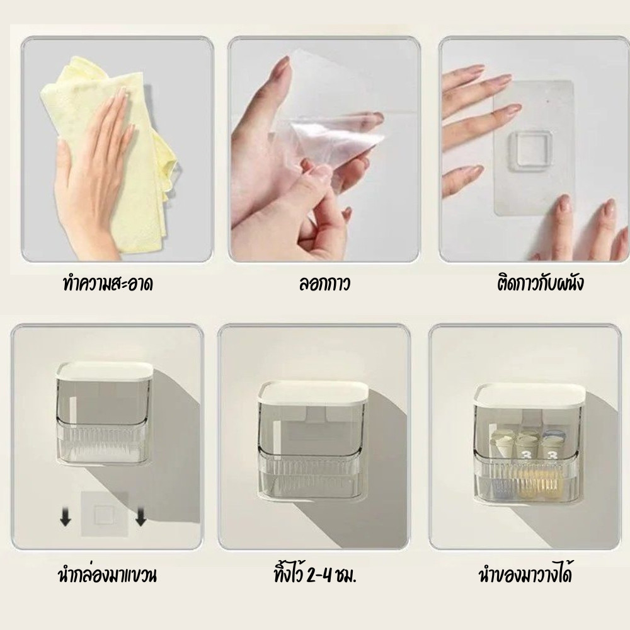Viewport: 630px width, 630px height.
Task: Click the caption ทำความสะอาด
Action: click(108, 285)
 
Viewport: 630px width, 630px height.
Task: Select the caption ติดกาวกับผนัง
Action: click(540, 283)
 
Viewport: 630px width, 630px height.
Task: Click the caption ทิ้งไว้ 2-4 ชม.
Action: click(315, 575)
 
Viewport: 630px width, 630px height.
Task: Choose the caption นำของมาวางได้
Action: click(525, 574)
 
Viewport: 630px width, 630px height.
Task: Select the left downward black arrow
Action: click(66, 517)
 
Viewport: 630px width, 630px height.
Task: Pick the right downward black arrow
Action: click(140, 517)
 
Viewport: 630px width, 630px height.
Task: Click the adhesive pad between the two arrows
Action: click(104, 513)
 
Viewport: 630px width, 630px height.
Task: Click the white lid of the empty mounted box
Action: click(314, 392)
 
